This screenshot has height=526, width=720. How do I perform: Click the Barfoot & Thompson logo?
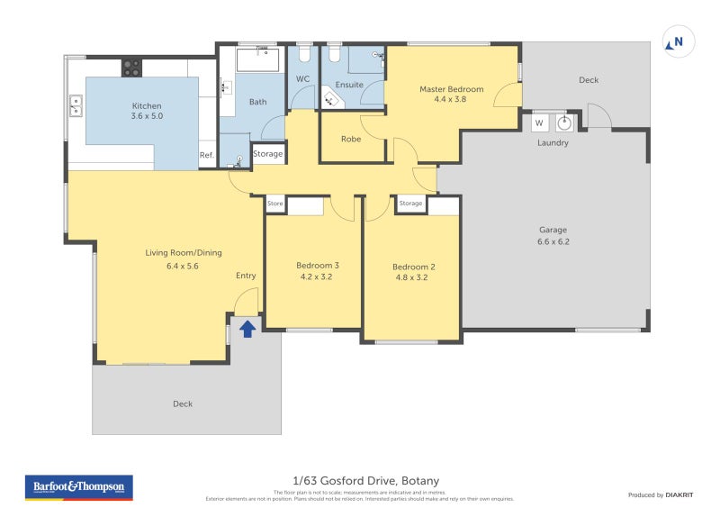(x=78, y=487)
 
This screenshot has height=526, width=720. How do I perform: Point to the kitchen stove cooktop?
(x=132, y=68)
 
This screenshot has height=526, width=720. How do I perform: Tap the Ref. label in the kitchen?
(x=207, y=156)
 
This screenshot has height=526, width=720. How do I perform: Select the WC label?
(x=303, y=79)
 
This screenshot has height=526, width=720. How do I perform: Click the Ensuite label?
(x=349, y=85)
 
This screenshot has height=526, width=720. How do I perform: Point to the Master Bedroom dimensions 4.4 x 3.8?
(x=452, y=101)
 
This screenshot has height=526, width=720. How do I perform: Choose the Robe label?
(x=351, y=140)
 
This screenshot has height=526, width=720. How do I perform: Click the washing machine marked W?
(x=539, y=122)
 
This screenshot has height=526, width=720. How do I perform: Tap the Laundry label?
(x=553, y=143)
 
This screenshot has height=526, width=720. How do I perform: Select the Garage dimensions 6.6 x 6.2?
(x=553, y=241)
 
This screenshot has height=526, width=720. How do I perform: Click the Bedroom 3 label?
(x=318, y=265)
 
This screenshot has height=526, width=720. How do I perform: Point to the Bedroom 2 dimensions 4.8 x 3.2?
(x=413, y=278)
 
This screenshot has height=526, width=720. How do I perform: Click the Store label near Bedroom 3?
(x=275, y=204)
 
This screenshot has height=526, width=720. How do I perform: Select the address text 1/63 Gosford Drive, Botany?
(x=365, y=481)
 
